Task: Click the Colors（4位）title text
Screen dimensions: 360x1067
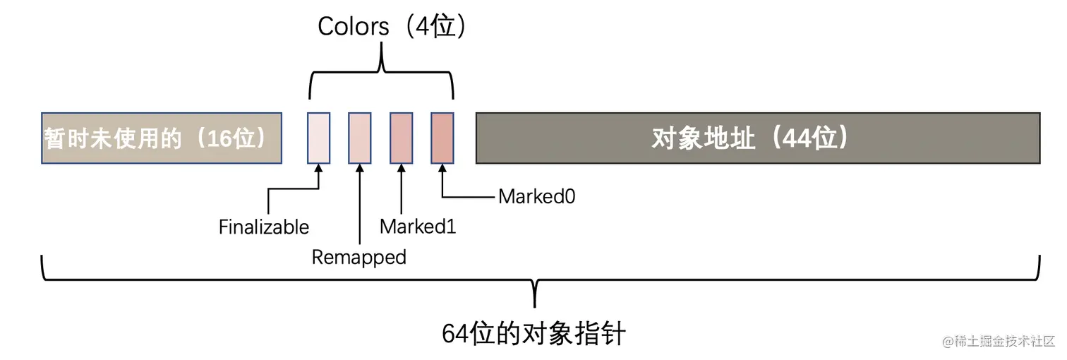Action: tap(392, 27)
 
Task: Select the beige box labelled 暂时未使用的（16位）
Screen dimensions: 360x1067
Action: tap(162, 138)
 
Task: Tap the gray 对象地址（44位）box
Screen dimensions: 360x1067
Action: tap(758, 138)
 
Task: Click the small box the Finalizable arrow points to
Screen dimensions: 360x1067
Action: tap(318, 138)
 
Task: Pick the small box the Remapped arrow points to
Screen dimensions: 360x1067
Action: tap(360, 138)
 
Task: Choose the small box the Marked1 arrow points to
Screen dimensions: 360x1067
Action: tap(402, 138)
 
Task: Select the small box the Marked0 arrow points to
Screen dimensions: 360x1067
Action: tap(442, 138)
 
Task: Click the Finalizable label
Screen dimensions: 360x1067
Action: tap(264, 227)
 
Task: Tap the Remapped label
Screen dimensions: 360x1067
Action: tap(359, 257)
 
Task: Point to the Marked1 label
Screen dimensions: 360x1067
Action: tap(418, 227)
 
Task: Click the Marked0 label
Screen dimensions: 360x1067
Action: tap(537, 196)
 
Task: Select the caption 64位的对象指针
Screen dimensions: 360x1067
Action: tap(533, 334)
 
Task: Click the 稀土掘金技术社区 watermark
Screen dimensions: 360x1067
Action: tap(1002, 341)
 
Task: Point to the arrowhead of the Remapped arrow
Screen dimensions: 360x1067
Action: tap(360, 169)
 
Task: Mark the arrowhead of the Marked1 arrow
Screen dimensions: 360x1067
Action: tap(402, 169)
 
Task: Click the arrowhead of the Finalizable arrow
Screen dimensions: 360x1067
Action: tap(318, 169)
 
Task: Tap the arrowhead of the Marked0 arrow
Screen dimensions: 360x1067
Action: tap(442, 169)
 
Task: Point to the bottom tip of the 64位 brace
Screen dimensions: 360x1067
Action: tap(535, 305)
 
